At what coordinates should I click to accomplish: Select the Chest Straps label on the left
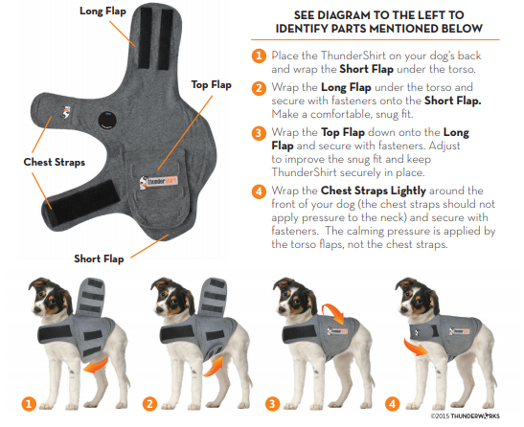coord(50,162)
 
